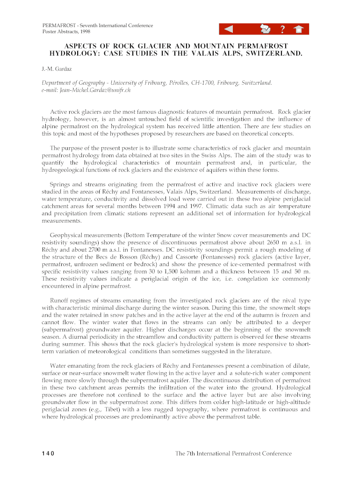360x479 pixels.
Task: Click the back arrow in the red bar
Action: point(229,30)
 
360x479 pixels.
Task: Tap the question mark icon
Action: point(282,30)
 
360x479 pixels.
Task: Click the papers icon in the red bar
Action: point(266,30)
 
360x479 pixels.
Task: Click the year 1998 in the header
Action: point(84,32)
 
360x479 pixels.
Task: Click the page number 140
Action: point(48,453)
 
